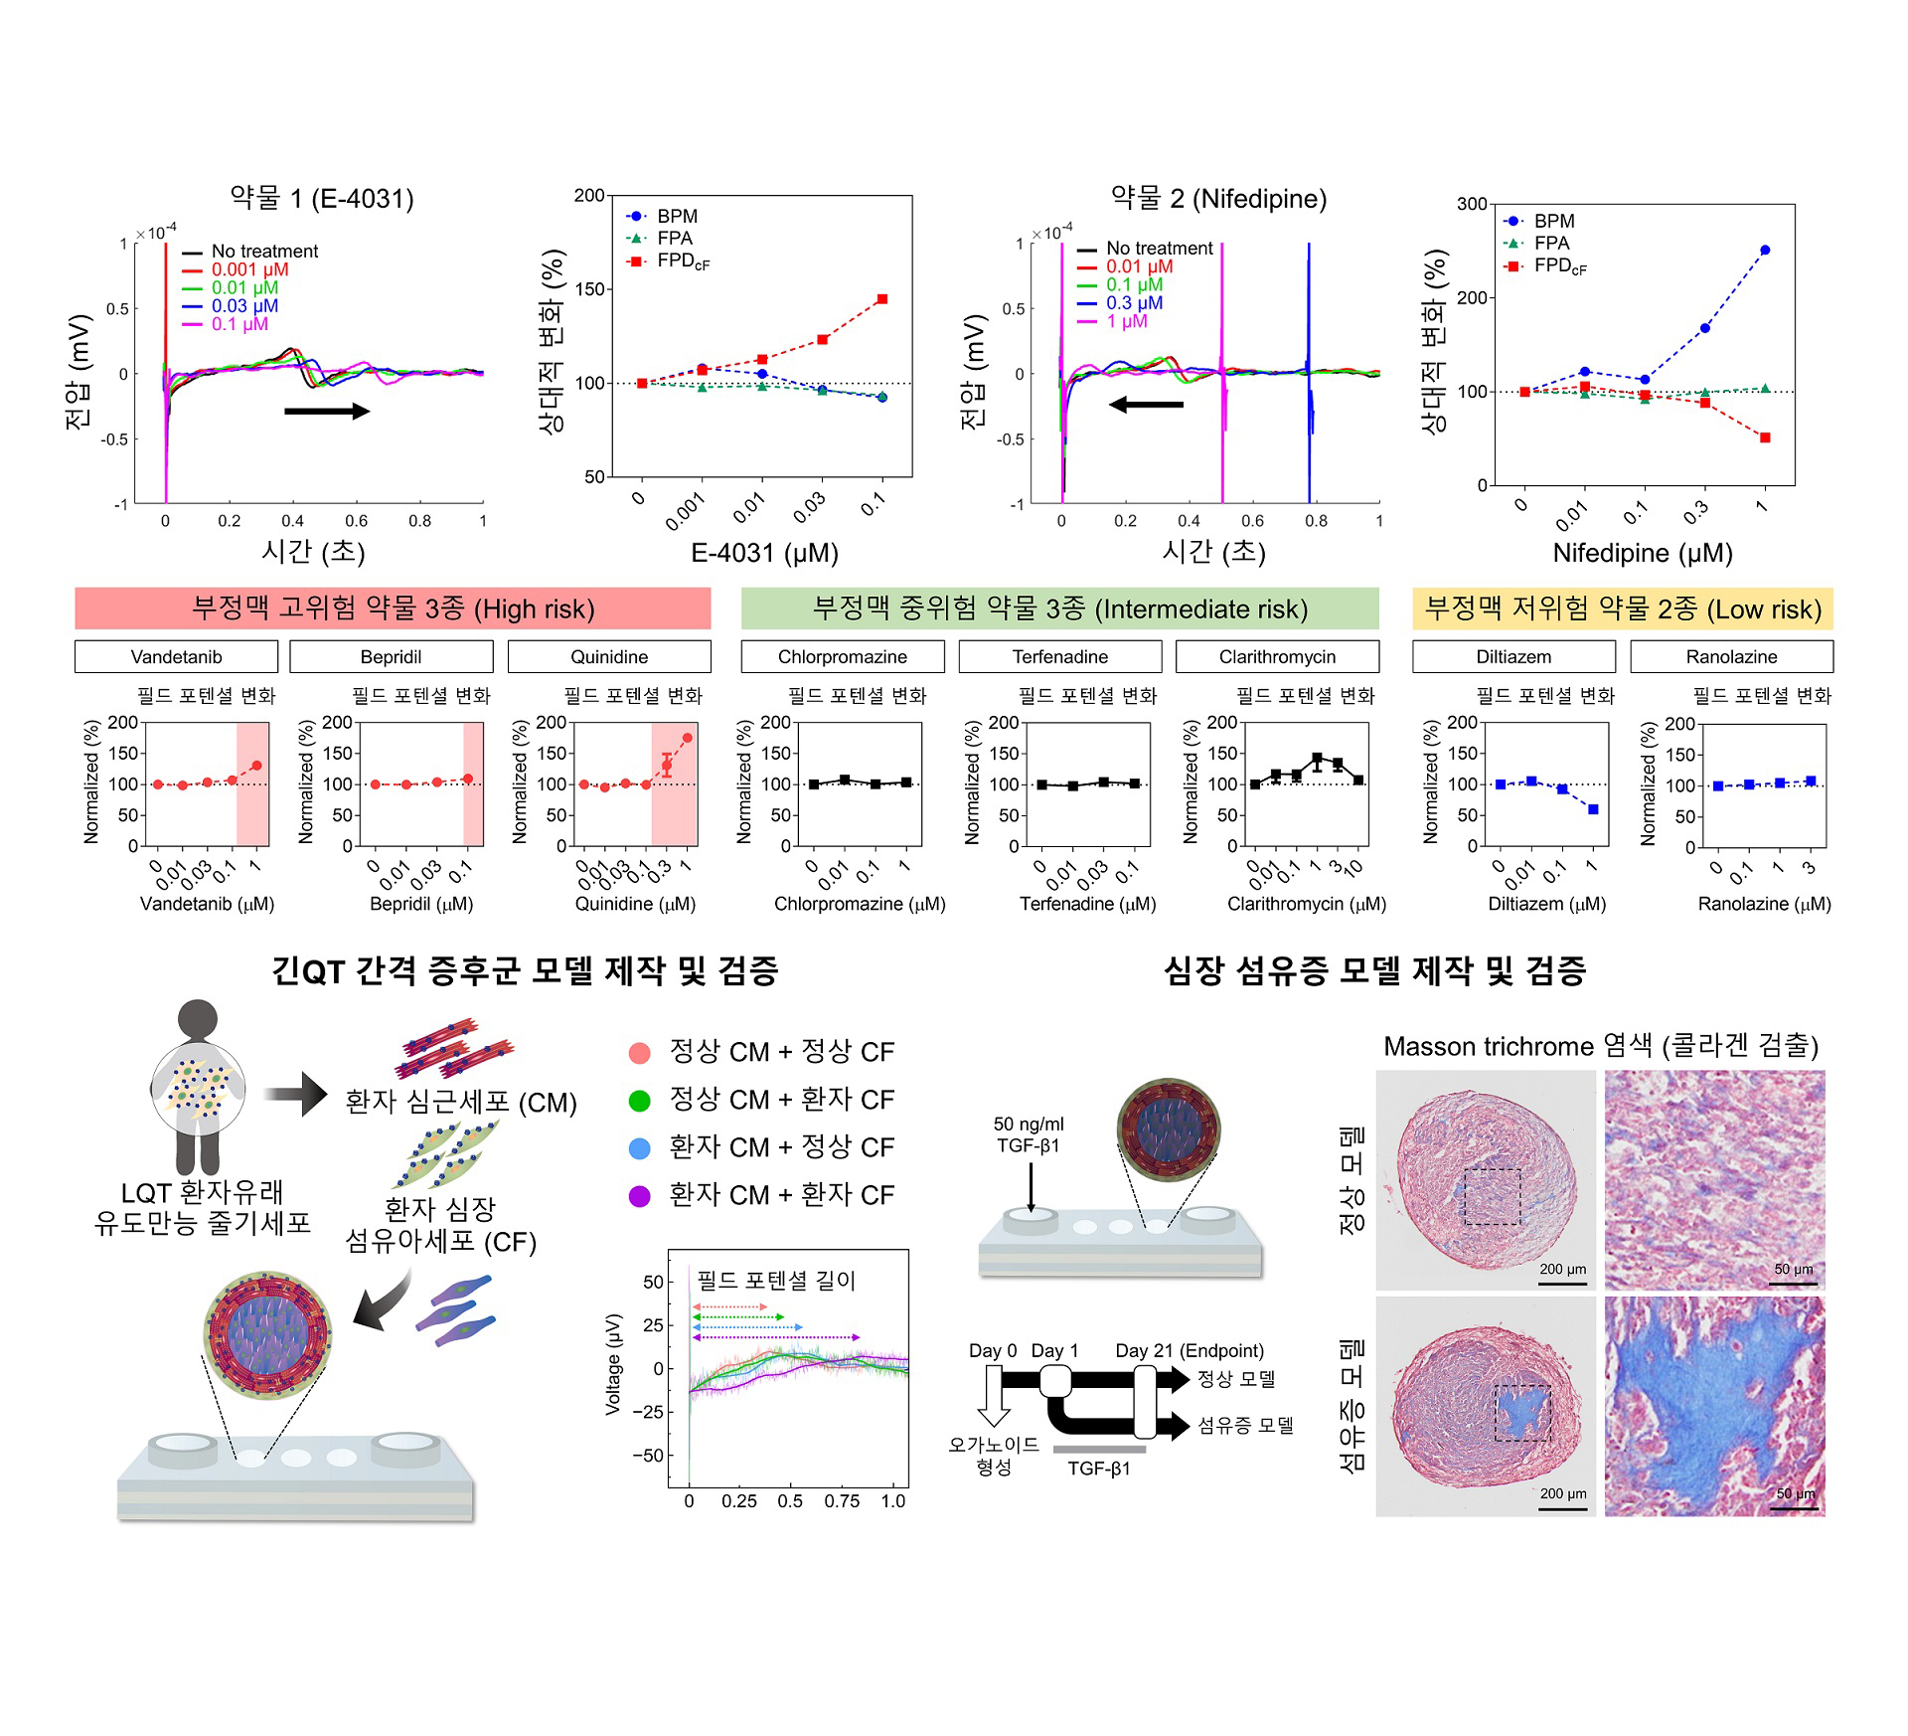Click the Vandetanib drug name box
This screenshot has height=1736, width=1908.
click(x=176, y=656)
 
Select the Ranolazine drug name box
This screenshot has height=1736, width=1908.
click(x=1731, y=656)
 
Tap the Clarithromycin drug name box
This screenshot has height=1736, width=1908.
click(x=1277, y=656)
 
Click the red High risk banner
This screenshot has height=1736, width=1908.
click(x=393, y=608)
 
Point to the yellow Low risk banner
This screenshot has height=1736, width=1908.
click(x=1622, y=608)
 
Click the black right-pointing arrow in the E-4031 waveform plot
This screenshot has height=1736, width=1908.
click(x=327, y=411)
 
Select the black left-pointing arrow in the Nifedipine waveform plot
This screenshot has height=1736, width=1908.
click(x=1146, y=405)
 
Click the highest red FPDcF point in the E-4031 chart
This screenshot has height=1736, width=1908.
click(x=881, y=299)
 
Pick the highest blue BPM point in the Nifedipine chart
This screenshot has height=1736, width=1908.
click(x=1765, y=251)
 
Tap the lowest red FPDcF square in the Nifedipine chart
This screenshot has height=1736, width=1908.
click(x=1765, y=437)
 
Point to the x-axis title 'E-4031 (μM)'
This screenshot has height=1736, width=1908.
click(x=764, y=553)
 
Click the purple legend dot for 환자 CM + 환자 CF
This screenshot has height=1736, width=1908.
click(x=640, y=1196)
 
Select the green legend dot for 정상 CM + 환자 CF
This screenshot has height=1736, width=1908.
click(x=640, y=1101)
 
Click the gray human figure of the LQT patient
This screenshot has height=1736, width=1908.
click(x=198, y=1084)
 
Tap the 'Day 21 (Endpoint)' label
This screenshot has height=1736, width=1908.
click(x=1190, y=1350)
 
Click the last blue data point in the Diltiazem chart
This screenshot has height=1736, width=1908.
click(x=1593, y=809)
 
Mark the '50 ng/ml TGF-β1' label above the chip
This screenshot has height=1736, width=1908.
click(x=1029, y=1134)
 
